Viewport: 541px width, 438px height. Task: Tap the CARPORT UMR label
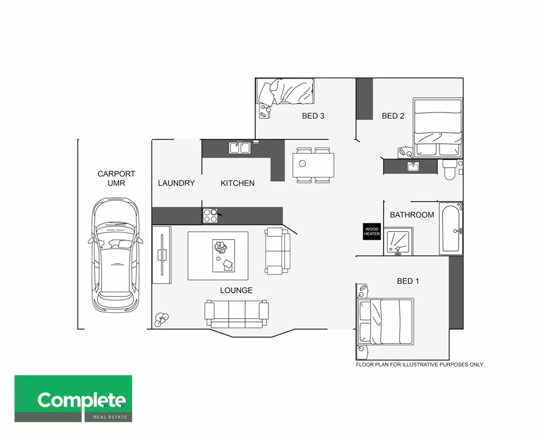coord(116,179)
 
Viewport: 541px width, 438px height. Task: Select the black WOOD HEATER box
coord(371,232)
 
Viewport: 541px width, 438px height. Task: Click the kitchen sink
coord(240,148)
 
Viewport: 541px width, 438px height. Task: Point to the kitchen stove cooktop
coord(210,216)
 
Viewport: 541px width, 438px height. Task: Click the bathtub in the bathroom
coord(451,229)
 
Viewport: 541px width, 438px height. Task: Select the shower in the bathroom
coord(398,242)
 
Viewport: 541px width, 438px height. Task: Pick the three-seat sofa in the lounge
coord(236,313)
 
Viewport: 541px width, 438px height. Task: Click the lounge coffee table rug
coord(218,256)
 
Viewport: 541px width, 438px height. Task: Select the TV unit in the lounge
coord(162,254)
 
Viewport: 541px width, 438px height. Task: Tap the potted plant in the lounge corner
coord(162,320)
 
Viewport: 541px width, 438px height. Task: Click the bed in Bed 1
coord(386,321)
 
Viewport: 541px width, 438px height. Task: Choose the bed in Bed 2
coord(438,127)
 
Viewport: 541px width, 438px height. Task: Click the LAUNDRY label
coord(176,183)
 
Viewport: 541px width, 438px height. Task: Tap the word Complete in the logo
coord(82,400)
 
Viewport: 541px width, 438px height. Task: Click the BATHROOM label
coord(412,215)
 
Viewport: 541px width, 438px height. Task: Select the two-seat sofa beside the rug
coord(278,251)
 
